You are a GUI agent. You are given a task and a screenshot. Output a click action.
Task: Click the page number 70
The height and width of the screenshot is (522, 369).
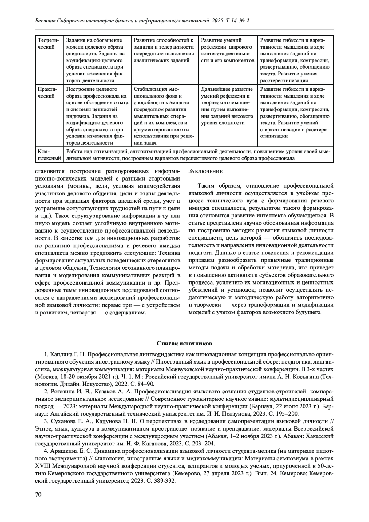(x=38, y=495)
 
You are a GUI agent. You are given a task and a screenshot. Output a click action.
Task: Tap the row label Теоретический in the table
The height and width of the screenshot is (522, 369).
(x=46, y=44)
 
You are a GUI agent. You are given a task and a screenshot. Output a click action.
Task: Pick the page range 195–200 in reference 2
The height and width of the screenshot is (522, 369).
(x=289, y=414)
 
